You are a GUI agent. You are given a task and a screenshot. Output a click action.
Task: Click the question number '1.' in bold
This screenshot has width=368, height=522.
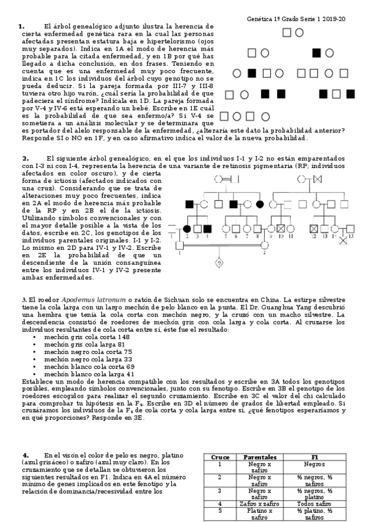click(x=22, y=26)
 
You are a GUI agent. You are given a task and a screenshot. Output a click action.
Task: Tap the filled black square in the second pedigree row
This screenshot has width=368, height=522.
click(x=316, y=53)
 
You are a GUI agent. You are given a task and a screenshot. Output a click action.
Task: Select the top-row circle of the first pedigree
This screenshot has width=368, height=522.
click(x=299, y=32)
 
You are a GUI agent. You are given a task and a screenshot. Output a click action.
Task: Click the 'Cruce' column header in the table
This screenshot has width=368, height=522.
click(x=220, y=457)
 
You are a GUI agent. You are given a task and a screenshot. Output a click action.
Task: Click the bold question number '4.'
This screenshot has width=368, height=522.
click(x=25, y=454)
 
